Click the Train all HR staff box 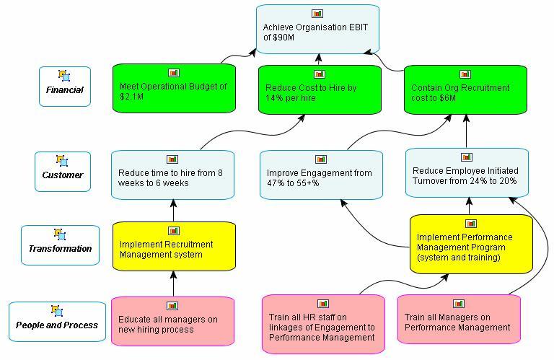coord(322,325)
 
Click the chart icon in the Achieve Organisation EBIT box coord(317,14)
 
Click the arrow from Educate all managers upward coord(173,284)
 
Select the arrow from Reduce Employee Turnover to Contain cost coord(466,131)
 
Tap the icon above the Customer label coord(62,160)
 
